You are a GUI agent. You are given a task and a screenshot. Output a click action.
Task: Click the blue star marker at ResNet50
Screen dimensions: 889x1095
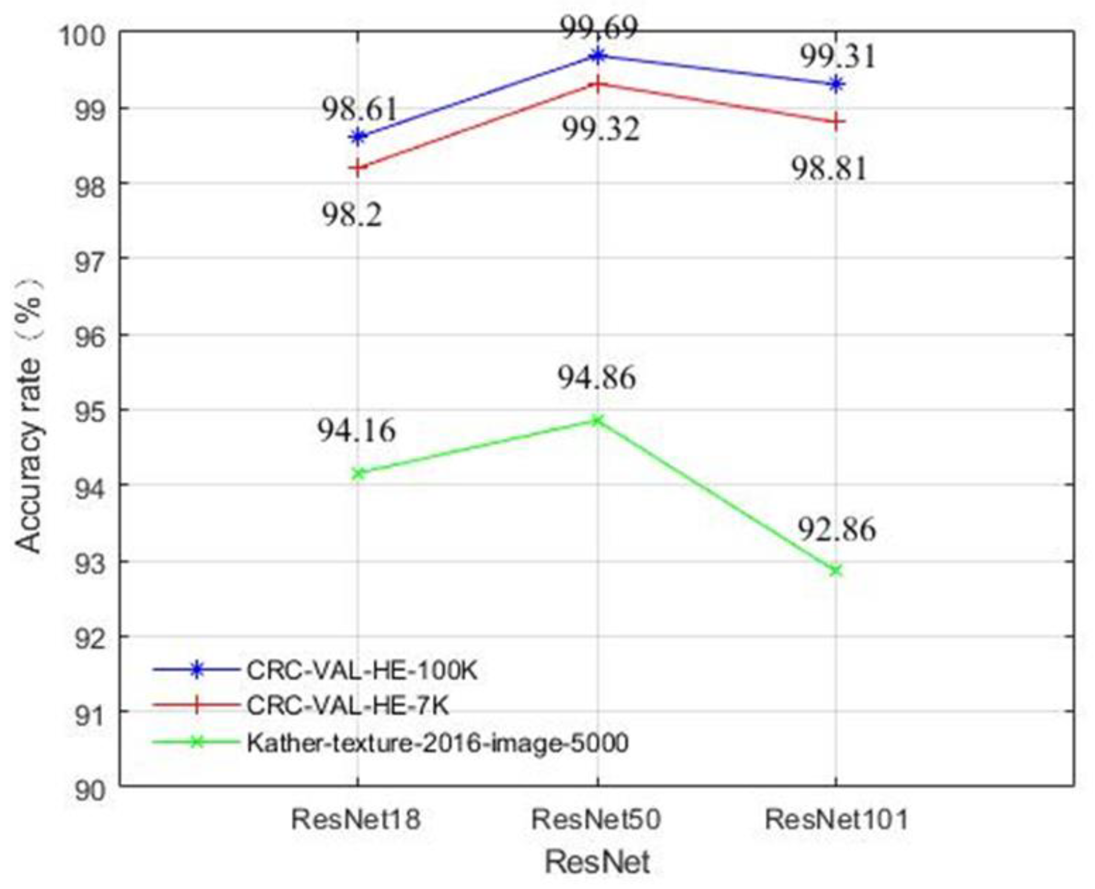[x=597, y=55]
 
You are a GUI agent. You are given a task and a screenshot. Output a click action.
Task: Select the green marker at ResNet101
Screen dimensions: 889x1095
[x=836, y=570]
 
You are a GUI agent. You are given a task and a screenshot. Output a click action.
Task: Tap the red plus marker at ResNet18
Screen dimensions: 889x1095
[x=358, y=168]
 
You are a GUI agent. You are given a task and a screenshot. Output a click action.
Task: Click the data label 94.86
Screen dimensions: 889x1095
[x=597, y=378]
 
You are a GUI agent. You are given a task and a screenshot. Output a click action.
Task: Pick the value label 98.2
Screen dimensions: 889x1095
[x=352, y=215]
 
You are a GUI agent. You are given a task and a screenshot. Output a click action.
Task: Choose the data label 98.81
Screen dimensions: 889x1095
[x=829, y=168]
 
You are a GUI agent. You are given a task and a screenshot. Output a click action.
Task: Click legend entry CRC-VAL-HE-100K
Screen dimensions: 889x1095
[x=362, y=670]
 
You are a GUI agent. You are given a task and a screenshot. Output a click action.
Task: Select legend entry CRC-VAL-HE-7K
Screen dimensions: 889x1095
[x=347, y=706]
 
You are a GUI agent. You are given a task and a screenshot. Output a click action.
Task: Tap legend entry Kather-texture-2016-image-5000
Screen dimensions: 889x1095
[x=437, y=742]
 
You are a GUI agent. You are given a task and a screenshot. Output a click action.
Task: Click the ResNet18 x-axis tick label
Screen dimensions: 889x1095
[x=356, y=819]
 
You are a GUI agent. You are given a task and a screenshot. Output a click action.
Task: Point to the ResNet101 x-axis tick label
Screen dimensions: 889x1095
[x=836, y=819]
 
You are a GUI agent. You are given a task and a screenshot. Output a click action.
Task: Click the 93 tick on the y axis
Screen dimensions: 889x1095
[x=90, y=562]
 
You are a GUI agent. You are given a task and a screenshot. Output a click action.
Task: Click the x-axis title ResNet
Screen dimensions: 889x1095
[x=597, y=862]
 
